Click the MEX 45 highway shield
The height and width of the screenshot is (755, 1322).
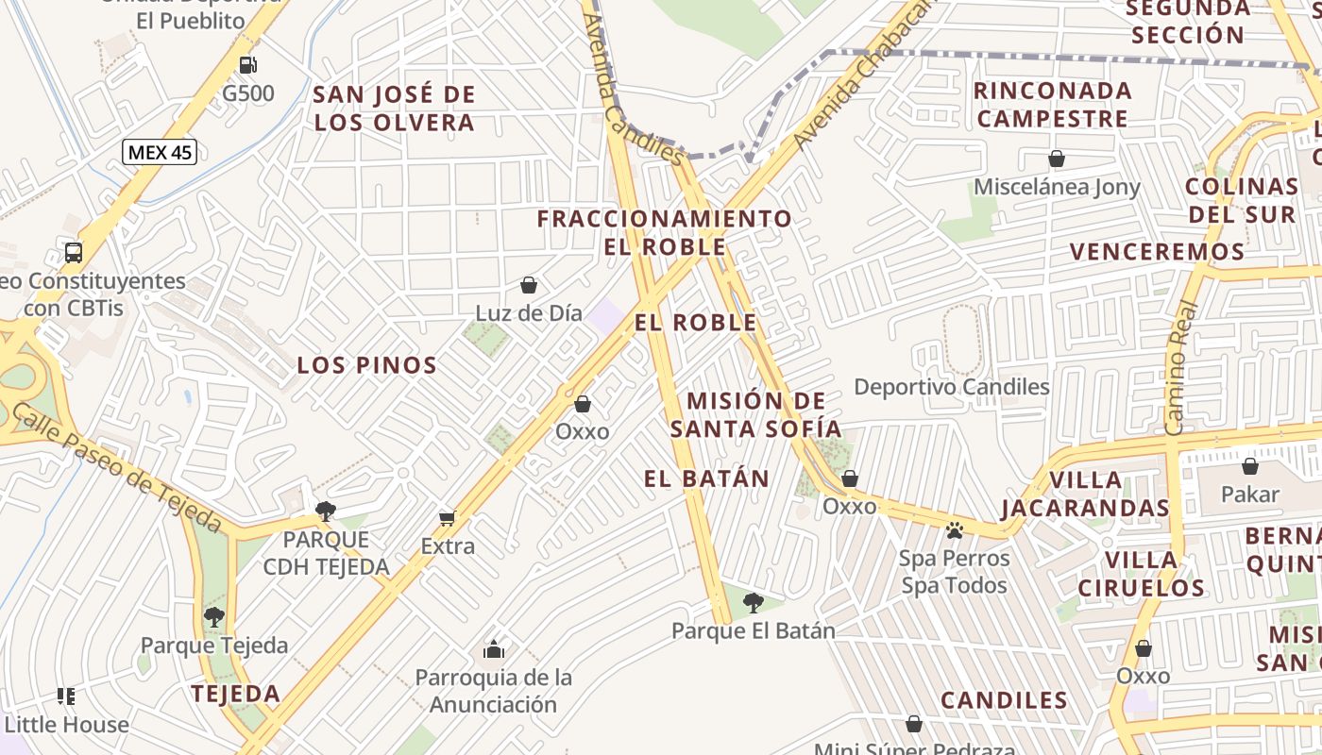(160, 152)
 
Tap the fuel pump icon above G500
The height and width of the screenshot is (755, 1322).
(248, 65)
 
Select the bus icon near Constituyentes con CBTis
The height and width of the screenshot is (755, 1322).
(74, 253)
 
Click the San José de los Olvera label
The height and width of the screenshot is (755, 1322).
(394, 109)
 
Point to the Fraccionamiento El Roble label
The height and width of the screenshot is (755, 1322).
(665, 232)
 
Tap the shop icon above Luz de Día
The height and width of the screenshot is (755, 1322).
(529, 285)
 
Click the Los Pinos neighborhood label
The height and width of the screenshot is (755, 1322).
(367, 365)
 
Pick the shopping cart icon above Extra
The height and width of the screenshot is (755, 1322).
(447, 518)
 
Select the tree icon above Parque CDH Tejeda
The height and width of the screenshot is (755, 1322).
(326, 512)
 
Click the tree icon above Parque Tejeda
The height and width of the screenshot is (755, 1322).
(214, 617)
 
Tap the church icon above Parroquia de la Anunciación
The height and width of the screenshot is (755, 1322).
(493, 649)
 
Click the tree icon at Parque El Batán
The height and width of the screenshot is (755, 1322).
(753, 602)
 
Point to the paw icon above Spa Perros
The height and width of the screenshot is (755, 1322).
(955, 530)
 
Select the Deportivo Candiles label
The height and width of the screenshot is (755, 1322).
(952, 386)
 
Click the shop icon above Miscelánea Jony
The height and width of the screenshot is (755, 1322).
(1057, 159)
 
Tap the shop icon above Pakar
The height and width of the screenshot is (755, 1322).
(1250, 466)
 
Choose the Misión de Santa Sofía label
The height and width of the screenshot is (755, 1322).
(755, 414)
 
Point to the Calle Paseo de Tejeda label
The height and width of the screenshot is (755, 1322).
(117, 468)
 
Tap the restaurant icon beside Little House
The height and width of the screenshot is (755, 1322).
(66, 696)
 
